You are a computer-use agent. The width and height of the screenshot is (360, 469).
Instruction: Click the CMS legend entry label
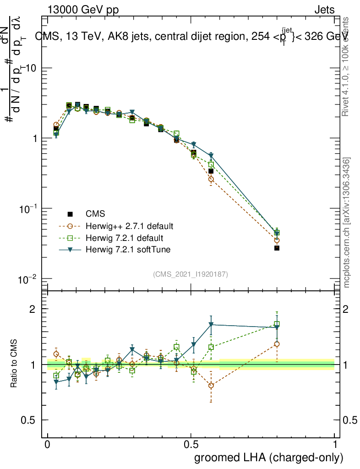pyautogui.click(x=95, y=214)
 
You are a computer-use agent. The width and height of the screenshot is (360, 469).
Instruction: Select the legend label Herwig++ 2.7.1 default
pyautogui.click(x=129, y=226)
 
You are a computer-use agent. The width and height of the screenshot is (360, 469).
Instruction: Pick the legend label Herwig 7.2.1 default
pyautogui.click(x=124, y=238)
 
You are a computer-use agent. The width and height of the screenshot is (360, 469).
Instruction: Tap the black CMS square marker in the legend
pyautogui.click(x=70, y=214)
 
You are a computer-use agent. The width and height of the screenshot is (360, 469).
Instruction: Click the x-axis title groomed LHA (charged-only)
pyautogui.click(x=269, y=457)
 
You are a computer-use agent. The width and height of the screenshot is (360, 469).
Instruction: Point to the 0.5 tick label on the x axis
pyautogui.click(x=191, y=445)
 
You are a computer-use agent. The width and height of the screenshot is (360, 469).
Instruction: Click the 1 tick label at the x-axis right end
pyautogui.click(x=335, y=445)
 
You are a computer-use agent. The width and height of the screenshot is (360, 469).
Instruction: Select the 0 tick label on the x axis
pyautogui.click(x=48, y=445)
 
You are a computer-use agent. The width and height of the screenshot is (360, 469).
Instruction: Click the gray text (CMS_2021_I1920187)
pyautogui.click(x=191, y=274)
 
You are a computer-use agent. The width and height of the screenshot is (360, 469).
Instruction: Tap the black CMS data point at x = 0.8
pyautogui.click(x=277, y=248)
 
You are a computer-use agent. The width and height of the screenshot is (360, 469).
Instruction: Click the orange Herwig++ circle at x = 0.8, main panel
pyautogui.click(x=277, y=240)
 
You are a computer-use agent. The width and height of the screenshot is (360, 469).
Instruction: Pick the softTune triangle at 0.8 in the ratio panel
pyautogui.click(x=277, y=327)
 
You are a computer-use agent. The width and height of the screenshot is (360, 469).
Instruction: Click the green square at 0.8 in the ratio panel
pyautogui.click(x=277, y=324)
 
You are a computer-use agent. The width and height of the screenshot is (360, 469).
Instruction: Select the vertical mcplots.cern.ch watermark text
pyautogui.click(x=347, y=223)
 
